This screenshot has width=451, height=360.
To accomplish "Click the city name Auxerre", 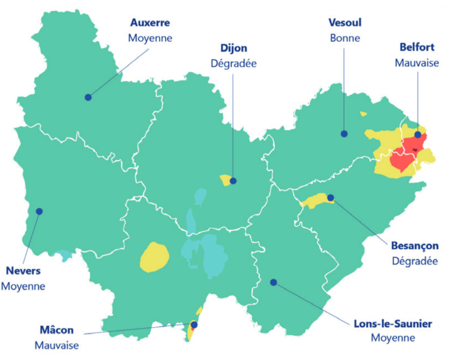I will click(150, 23).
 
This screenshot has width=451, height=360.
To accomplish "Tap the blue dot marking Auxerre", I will click(88, 97).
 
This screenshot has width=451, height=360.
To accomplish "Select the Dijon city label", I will click(233, 48).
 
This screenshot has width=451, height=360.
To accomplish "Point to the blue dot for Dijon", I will click(233, 181).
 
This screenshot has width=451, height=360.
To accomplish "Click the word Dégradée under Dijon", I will click(233, 63).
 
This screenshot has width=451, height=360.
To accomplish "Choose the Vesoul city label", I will click(345, 23).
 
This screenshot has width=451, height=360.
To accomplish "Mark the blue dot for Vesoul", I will click(344, 133).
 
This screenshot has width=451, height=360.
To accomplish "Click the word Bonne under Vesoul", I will click(345, 38).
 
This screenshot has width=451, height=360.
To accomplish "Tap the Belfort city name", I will click(417, 47).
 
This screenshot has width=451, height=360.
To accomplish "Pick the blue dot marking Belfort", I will click(417, 135).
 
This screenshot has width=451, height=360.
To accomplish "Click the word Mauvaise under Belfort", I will click(417, 63).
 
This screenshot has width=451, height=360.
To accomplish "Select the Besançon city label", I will click(414, 245).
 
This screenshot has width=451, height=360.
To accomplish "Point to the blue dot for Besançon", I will click(331, 197).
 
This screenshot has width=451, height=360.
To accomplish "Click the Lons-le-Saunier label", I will click(393, 323).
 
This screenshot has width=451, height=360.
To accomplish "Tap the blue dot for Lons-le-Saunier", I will click(273, 282).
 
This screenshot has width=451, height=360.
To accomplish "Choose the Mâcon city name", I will click(57, 330).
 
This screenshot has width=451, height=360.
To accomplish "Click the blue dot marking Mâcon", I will click(194, 325).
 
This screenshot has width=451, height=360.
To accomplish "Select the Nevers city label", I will click(23, 271).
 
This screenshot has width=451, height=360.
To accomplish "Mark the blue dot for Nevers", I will click(39, 211).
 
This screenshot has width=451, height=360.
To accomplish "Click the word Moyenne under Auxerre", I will click(150, 38).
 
